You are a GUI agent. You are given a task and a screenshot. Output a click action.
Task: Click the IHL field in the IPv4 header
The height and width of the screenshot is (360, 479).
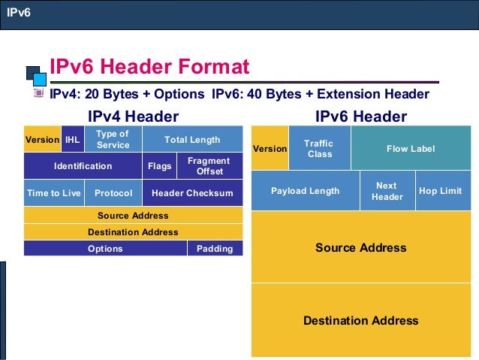pos(72,139)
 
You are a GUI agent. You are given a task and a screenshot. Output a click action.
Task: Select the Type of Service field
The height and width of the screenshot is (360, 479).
pos(113,139)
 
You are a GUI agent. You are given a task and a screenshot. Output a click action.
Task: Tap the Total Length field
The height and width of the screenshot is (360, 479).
pos(192,139)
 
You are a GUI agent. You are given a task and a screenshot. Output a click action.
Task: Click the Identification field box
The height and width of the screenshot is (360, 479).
pos(83,166)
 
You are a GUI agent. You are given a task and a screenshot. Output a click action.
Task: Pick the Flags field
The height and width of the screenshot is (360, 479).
pos(159,166)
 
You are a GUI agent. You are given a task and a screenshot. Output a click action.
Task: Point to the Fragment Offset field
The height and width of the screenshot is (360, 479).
pos(209,166)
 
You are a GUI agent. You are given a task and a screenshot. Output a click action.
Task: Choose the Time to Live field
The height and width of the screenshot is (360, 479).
pos(53,193)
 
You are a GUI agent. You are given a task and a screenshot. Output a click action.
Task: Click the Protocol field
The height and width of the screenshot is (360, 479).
pos(113,193)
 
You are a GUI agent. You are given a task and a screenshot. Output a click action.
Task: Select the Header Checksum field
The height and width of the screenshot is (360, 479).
pos(192,193)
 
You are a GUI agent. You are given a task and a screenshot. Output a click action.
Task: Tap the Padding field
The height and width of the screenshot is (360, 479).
pos(215,249)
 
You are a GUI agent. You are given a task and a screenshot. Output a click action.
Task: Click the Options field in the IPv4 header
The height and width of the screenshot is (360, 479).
pos(105,249)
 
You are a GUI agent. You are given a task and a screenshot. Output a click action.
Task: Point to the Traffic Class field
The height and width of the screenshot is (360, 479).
pos(319,148)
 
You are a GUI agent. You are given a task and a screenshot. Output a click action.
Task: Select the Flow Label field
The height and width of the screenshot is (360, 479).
pos(410,148)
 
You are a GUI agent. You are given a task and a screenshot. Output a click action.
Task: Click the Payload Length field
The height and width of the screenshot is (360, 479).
pos(305,191)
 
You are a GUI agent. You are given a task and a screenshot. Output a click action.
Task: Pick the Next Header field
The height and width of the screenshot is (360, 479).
pos(387,191)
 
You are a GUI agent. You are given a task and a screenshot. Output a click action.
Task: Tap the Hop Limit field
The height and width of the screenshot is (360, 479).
pos(440,191)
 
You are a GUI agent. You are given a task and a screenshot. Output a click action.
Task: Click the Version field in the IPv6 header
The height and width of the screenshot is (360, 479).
pos(270,148)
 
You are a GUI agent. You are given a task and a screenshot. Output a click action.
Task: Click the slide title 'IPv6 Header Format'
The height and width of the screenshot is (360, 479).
pos(149,67)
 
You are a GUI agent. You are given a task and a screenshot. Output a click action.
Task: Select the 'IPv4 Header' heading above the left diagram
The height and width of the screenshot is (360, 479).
pos(133,116)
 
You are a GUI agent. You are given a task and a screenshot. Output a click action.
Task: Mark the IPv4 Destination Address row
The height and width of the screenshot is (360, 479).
pos(133,232)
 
